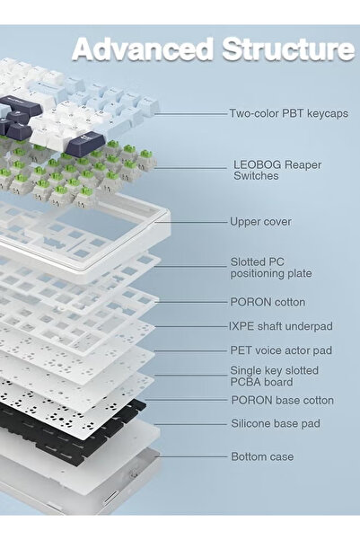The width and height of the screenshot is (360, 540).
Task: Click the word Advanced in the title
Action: pos(143,49)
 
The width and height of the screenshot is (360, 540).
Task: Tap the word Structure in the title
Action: pos(288,49)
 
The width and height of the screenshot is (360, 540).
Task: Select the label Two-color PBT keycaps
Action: pos(289,113)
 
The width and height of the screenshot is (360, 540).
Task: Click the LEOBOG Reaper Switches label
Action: pos(277,170)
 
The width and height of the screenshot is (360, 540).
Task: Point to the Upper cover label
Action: pos(260,221)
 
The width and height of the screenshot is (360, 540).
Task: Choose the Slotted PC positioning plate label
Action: pos(271,268)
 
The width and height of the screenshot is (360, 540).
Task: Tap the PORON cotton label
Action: pos(268,302)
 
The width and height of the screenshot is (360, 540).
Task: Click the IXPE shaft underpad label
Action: pos(281,326)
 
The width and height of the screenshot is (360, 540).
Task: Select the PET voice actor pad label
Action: pos(281,350)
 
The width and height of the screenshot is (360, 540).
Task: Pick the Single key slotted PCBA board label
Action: pos(275,376)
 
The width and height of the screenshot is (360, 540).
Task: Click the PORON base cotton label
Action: pos(283,400)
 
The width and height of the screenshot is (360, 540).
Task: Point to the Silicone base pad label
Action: pos(276,423)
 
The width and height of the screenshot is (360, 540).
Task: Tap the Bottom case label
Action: pos(263,456)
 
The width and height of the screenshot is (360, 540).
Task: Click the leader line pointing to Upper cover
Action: pos(191,222)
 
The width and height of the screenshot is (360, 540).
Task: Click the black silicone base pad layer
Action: pos(74,427)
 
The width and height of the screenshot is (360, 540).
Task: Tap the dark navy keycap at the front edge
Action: pos(85,143)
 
